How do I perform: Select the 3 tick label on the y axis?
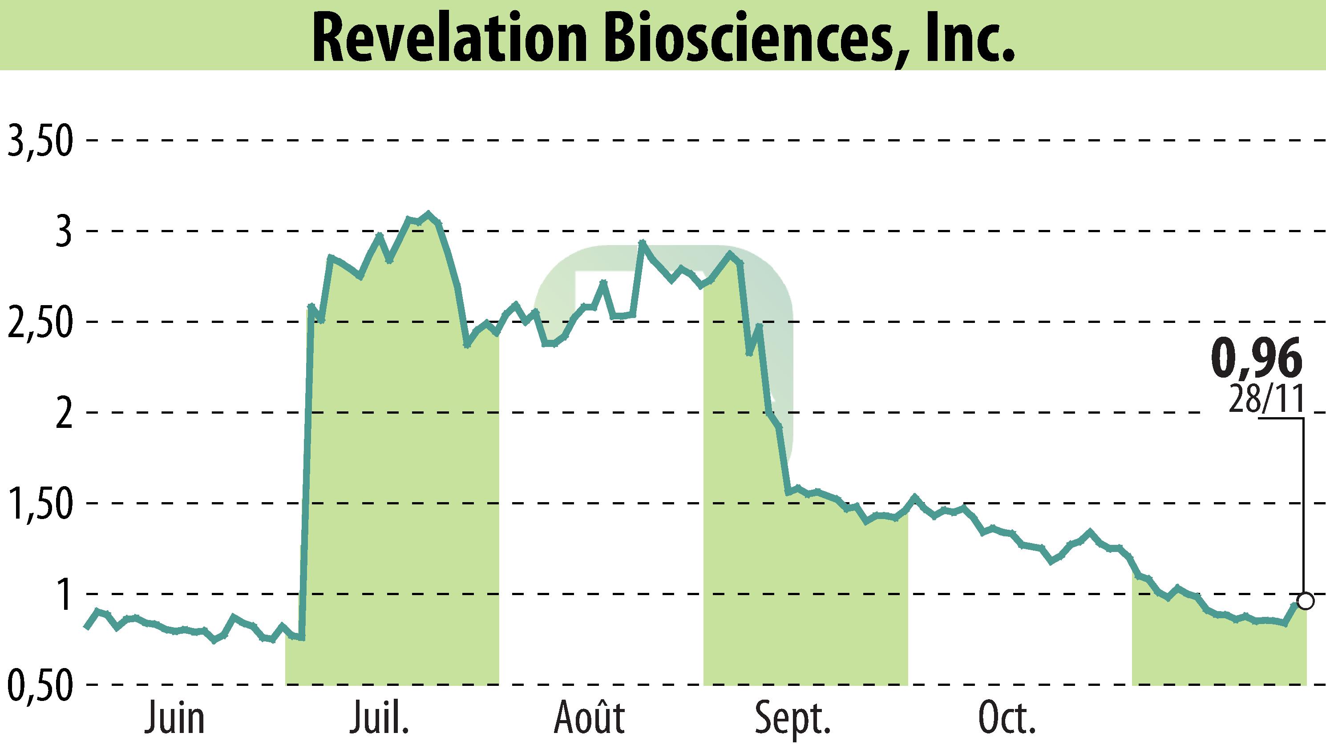click(x=64, y=232)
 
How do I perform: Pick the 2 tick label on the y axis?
click(x=64, y=413)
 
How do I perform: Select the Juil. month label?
click(x=379, y=719)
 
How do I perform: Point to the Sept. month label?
click(x=792, y=719)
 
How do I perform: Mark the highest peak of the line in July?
click(x=427, y=213)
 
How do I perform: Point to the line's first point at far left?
click(x=86, y=627)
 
